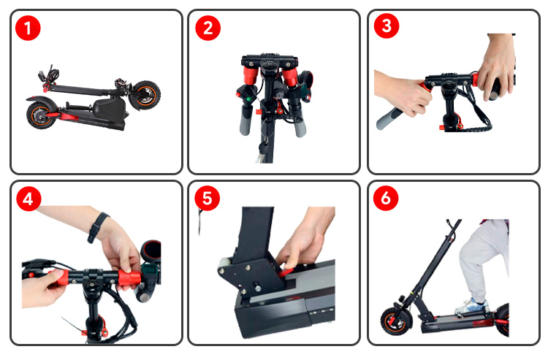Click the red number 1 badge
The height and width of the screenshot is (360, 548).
(x=28, y=28)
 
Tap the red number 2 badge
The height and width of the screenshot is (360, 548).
(x=208, y=28)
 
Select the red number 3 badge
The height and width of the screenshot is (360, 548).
(x=387, y=26)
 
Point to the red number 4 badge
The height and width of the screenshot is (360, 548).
(x=28, y=199)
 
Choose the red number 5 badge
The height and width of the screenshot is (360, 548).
(x=208, y=199)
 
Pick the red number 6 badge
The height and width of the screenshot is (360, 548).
(x=386, y=198)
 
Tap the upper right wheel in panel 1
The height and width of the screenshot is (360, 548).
(x=145, y=95)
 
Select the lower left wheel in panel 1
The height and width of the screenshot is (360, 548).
(x=41, y=115)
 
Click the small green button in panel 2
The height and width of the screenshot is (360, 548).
(x=248, y=99)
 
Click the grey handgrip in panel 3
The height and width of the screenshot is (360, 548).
(x=389, y=119)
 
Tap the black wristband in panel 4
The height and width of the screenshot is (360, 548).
(x=96, y=226)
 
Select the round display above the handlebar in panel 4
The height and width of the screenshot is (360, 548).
(x=151, y=250)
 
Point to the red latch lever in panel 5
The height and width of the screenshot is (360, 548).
(x=287, y=271)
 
